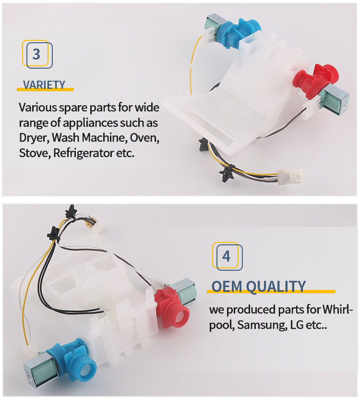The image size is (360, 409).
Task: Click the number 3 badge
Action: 37,54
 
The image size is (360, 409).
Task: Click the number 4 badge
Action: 227,256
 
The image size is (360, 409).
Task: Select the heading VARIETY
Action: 44,85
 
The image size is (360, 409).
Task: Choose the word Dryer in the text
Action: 34,138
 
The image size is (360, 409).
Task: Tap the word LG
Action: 297,325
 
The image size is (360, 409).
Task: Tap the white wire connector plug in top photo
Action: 290,177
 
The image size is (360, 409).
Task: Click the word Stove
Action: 34,153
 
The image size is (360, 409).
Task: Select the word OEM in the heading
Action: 227,287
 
